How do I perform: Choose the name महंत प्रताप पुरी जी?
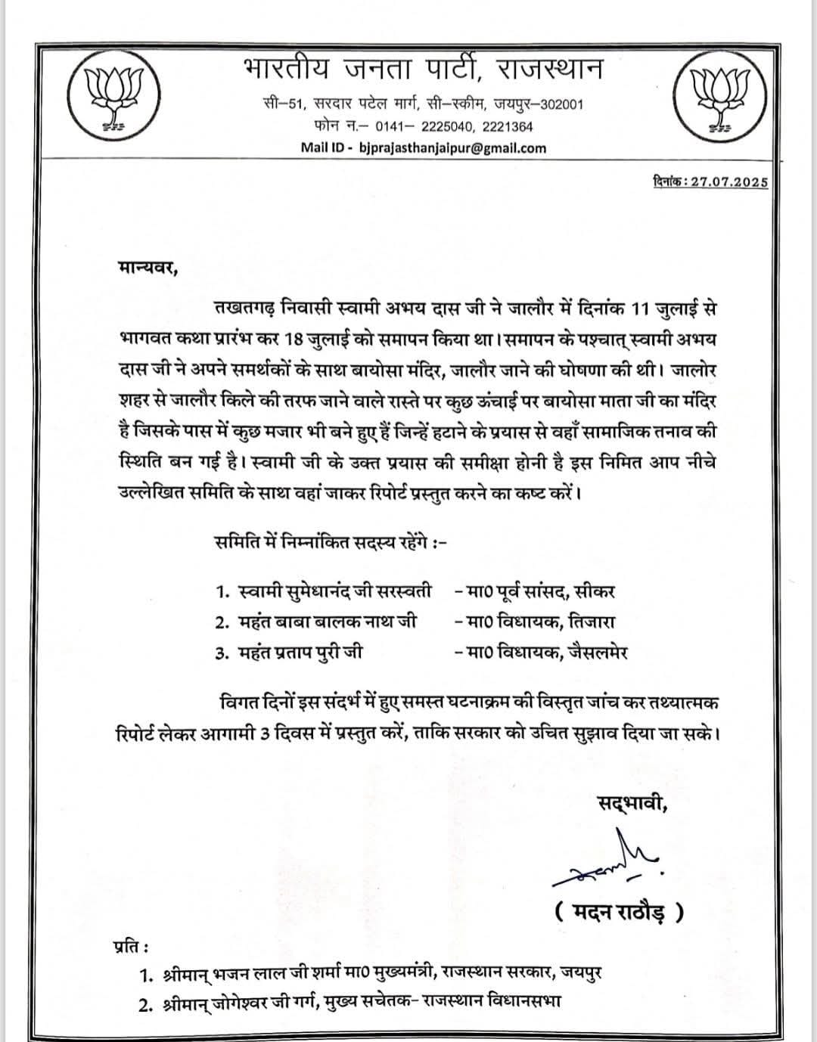[x=300, y=652]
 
